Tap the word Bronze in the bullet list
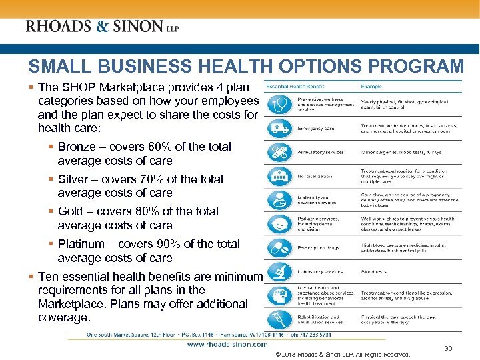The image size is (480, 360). (77, 147)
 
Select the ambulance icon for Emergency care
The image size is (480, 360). (279, 128)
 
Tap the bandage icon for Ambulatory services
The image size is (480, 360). (279, 152)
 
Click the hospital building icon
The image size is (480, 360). (279, 175)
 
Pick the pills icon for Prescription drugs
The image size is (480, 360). (279, 247)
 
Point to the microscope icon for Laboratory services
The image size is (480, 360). (279, 271)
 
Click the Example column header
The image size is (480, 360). (372, 87)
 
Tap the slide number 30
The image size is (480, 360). (448, 348)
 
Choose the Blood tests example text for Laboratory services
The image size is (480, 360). (373, 272)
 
